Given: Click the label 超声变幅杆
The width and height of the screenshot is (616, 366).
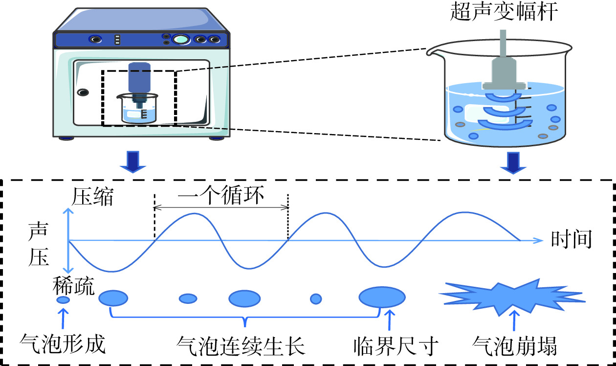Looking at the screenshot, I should pos(504,12).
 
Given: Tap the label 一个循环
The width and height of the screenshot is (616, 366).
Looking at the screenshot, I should pos(221,197).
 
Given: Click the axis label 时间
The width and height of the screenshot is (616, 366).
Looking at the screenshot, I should pos(572,240).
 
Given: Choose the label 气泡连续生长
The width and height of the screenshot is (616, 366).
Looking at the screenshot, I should pos(241,346).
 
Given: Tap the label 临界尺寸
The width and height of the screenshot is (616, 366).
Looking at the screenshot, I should pos(395,346).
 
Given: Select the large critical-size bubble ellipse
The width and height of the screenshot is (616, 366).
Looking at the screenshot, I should pos(382,297).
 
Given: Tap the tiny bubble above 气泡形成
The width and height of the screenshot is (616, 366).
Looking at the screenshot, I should pos(64,300).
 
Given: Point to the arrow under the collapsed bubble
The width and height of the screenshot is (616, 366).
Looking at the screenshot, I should pos(513,320).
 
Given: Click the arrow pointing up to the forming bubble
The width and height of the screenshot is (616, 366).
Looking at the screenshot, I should pos(62,319).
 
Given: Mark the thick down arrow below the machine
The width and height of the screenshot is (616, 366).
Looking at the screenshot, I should pos(133,161).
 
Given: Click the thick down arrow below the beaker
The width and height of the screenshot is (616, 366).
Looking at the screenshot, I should pos(513,161).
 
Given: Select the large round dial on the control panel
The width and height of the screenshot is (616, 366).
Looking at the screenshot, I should pos(181,40).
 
